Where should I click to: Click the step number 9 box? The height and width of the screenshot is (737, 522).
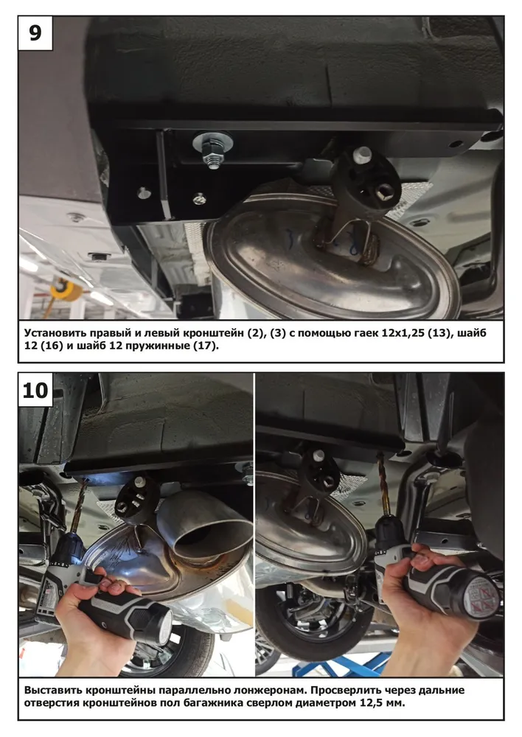pyautogui.click(x=35, y=33)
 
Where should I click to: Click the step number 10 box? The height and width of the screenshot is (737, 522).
pyautogui.click(x=35, y=390)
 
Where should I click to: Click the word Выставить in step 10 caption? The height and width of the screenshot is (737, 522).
pyautogui.click(x=53, y=690)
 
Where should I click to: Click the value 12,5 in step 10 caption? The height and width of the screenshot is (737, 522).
pyautogui.click(x=372, y=703)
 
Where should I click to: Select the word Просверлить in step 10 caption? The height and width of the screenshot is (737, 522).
pyautogui.click(x=344, y=690)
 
